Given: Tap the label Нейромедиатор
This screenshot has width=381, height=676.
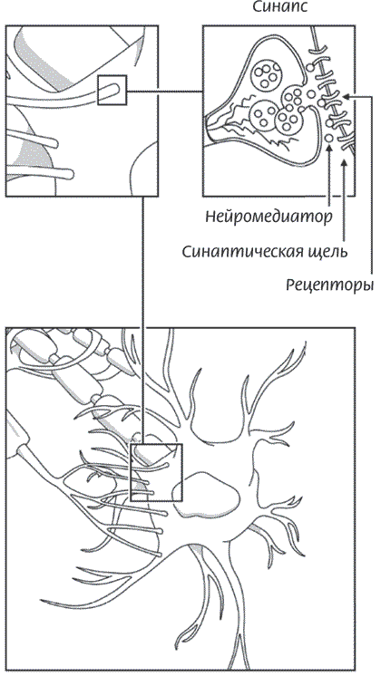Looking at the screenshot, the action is click(269, 217).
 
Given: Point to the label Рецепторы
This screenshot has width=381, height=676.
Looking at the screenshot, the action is click(329, 285).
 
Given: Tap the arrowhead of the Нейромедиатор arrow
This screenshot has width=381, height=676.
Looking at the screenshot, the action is click(329, 149).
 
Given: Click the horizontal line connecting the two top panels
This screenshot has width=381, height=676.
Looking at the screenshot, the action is click(165, 91).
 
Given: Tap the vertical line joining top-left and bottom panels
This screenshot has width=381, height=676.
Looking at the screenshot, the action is click(142, 320).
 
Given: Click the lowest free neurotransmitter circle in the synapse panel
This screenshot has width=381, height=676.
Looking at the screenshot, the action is click(328, 139).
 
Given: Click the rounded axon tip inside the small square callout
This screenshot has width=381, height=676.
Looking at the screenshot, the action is click(113, 89).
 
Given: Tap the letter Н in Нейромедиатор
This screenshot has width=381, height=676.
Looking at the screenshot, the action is click(211, 216).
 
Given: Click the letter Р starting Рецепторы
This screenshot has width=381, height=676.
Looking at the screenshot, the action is click(291, 285).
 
